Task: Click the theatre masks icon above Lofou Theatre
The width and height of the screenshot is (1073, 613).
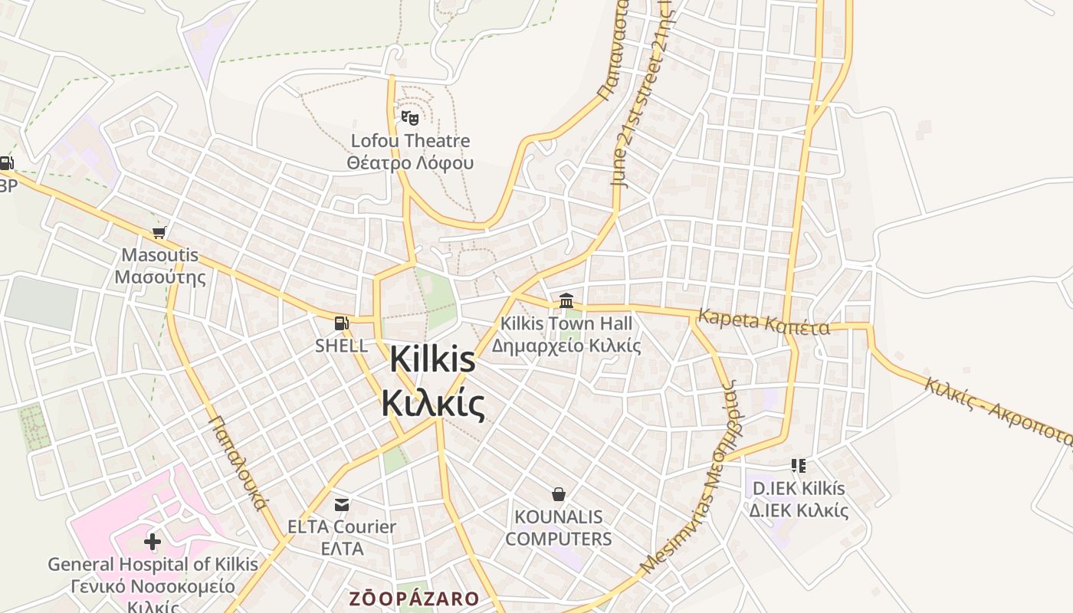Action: (x=410, y=118)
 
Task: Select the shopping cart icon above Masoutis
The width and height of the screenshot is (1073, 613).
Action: (x=159, y=232)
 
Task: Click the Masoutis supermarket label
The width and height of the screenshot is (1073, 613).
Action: (x=160, y=266)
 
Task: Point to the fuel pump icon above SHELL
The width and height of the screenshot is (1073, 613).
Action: (x=341, y=323)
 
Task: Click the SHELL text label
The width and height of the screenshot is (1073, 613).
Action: (x=341, y=346)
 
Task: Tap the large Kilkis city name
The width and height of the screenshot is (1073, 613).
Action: (x=433, y=381)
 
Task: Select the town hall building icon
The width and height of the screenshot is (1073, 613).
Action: (x=566, y=300)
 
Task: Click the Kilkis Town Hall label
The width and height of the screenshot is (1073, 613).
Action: (x=566, y=335)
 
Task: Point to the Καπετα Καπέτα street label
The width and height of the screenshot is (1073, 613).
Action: (x=763, y=323)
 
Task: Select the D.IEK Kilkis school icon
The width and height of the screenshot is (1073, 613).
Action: (x=799, y=465)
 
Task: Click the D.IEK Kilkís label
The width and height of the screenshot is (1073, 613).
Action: (x=799, y=499)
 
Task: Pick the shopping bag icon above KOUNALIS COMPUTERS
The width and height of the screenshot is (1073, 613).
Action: (x=559, y=494)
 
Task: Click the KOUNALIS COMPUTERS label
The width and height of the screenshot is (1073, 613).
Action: (x=559, y=528)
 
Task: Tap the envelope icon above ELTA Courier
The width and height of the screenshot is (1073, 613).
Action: (x=342, y=504)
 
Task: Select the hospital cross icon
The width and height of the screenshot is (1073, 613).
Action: (x=153, y=542)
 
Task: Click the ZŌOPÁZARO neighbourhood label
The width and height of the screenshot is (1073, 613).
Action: (x=414, y=598)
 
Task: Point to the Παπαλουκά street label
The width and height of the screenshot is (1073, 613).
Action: (x=237, y=463)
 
